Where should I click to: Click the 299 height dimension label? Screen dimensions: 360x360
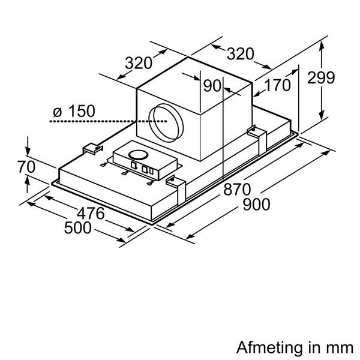tap(321, 78)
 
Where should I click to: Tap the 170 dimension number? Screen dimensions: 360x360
tap(278, 85)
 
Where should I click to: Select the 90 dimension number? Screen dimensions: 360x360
tap(212, 86)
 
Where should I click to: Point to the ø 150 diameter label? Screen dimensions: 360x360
tap(74, 111)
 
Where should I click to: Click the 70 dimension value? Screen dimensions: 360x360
tap(26, 167)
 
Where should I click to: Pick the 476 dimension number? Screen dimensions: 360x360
tap(91, 214)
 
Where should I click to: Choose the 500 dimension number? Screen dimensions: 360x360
tap(78, 228)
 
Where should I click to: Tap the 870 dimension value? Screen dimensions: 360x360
tap(237, 190)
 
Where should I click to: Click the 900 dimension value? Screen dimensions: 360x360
tap(256, 205)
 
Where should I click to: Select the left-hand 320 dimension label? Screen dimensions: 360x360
tap(139, 63)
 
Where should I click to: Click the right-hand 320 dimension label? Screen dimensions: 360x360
tap(241, 54)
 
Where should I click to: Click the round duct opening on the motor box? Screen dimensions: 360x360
tap(166, 123)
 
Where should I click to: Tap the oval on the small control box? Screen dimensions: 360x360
tap(138, 155)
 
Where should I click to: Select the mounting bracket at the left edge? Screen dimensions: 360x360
tap(93, 149)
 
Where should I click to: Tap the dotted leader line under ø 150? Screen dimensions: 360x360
tap(108, 121)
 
